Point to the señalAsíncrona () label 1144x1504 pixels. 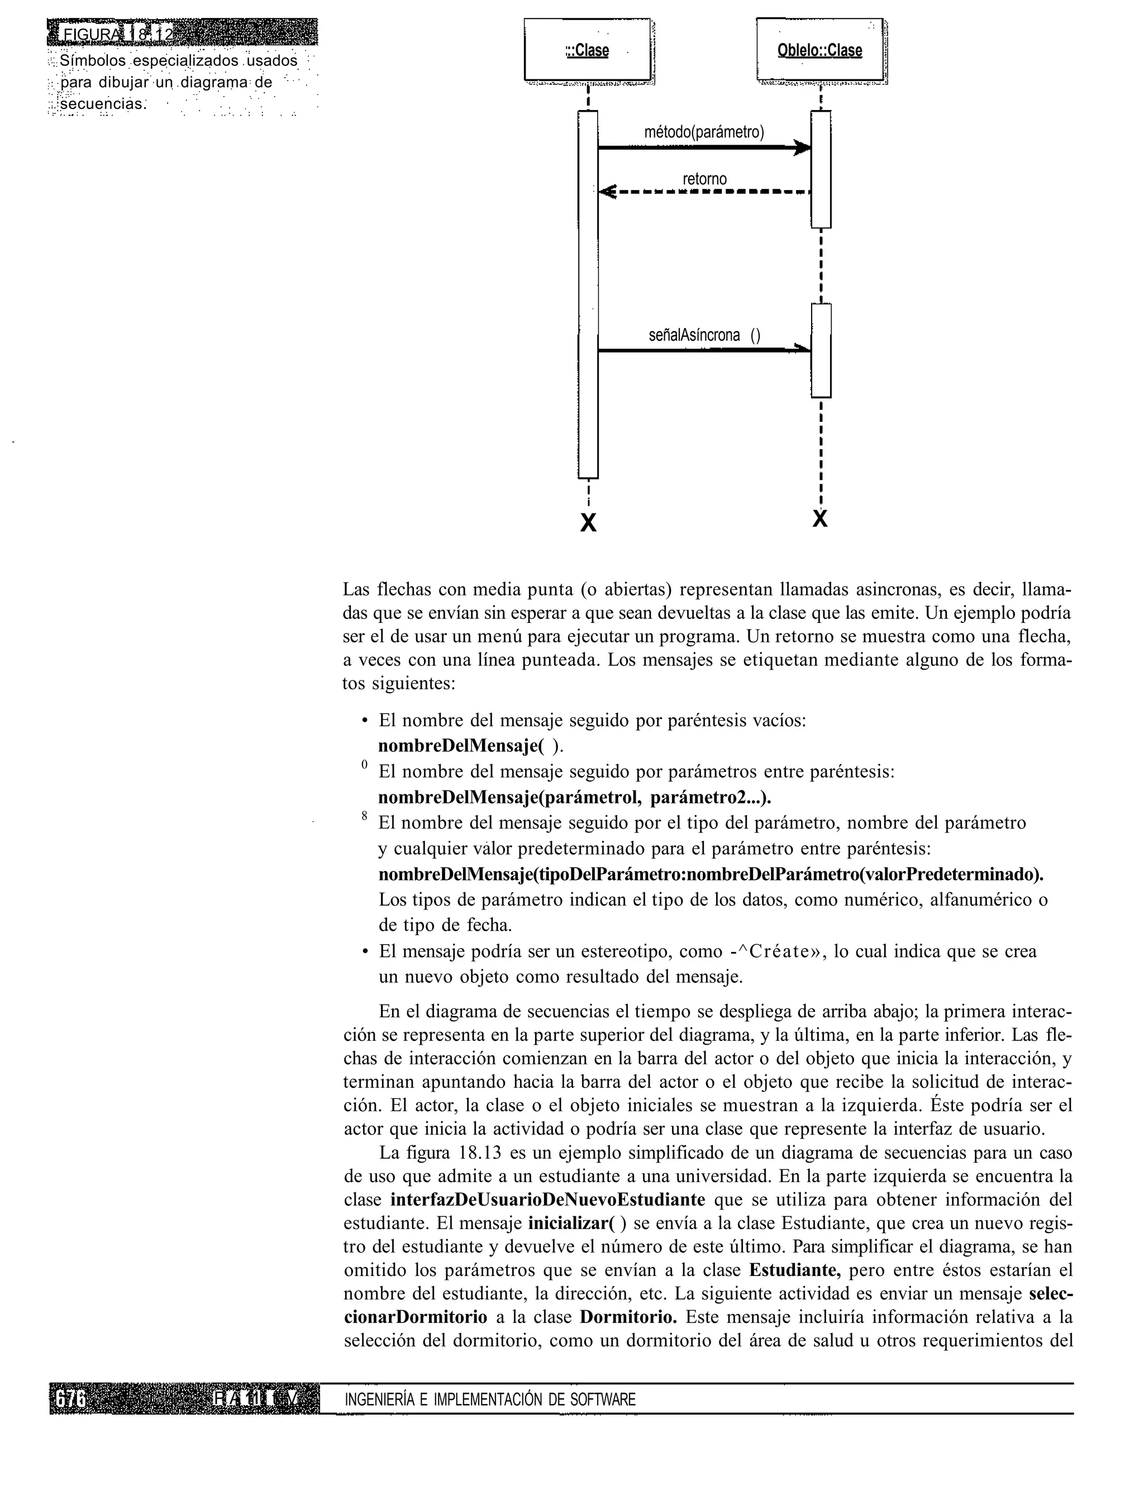click(x=704, y=335)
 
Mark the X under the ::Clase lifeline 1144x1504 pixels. click(x=588, y=523)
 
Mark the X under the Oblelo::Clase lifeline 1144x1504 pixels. click(x=821, y=519)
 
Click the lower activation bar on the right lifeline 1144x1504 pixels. click(x=821, y=350)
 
